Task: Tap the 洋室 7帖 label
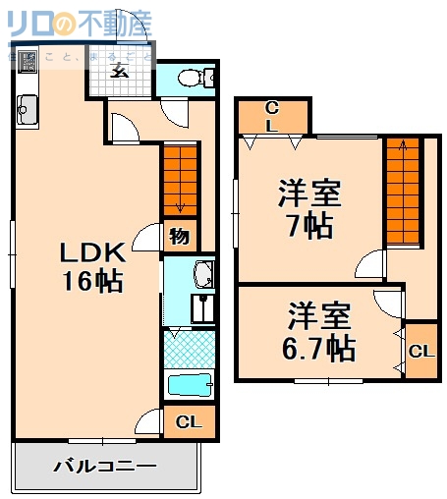[x=307, y=207]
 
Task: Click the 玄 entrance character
[x=120, y=69]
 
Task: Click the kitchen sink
[x=26, y=108]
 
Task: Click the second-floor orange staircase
[x=400, y=192]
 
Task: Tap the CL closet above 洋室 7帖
[x=273, y=116]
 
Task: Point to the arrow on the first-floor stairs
[x=179, y=205]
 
